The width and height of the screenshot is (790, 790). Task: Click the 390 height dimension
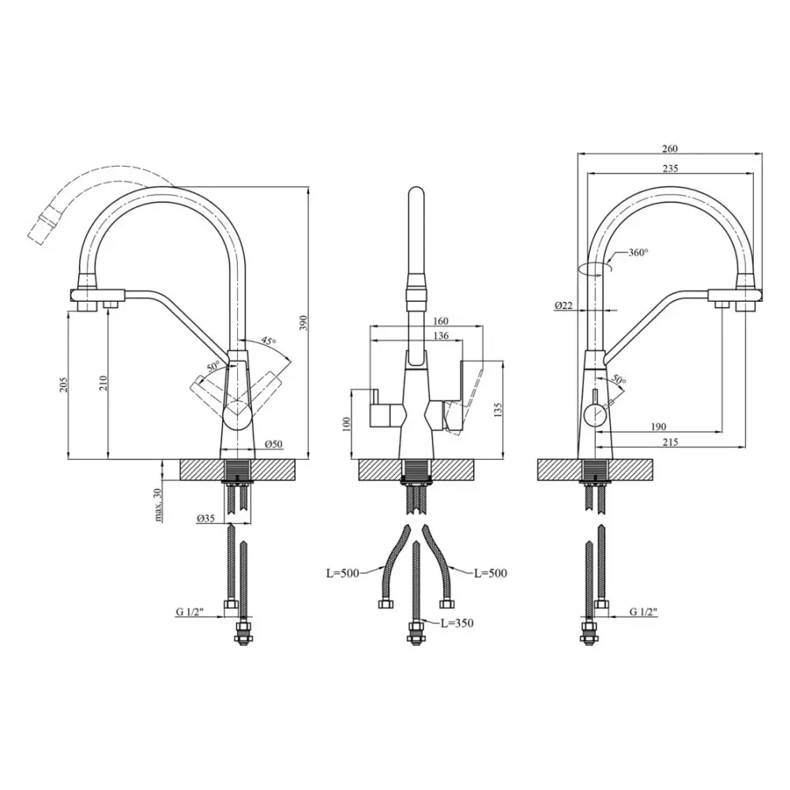pos(303,323)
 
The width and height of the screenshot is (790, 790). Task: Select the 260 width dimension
pos(670,149)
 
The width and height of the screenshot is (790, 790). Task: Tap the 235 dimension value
pos(670,168)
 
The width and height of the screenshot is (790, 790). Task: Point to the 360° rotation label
pos(638,253)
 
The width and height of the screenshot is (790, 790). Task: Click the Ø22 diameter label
pos(564,305)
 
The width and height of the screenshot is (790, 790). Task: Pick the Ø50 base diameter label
pos(274,444)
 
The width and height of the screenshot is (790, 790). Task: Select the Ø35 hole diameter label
pos(206,518)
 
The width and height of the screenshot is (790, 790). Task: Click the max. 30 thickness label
pos(158,504)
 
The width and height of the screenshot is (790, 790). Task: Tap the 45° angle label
pos(269,341)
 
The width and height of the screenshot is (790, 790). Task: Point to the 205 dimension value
pos(64,385)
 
